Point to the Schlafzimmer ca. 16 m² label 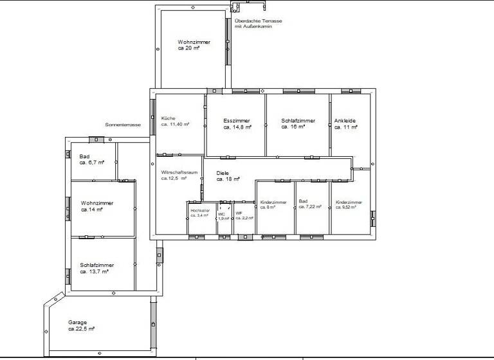click(x=298, y=124)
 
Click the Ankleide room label click(x=345, y=124)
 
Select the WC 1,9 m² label click(x=223, y=217)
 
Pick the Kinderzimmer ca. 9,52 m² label click(x=349, y=205)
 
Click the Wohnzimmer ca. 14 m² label click(x=96, y=206)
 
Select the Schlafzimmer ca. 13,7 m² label click(x=97, y=268)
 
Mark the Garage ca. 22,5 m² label click(x=81, y=325)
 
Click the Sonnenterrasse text click(x=123, y=125)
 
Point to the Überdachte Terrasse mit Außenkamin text click(x=257, y=24)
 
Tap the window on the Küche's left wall click(x=152, y=117)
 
